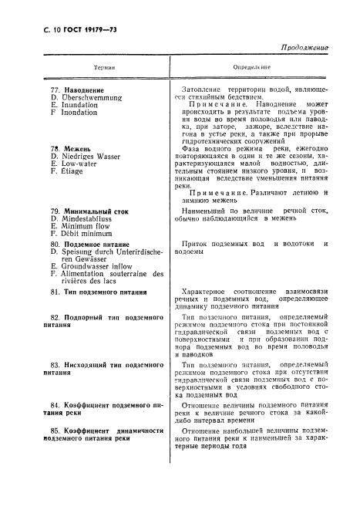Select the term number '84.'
coord(56,404)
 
